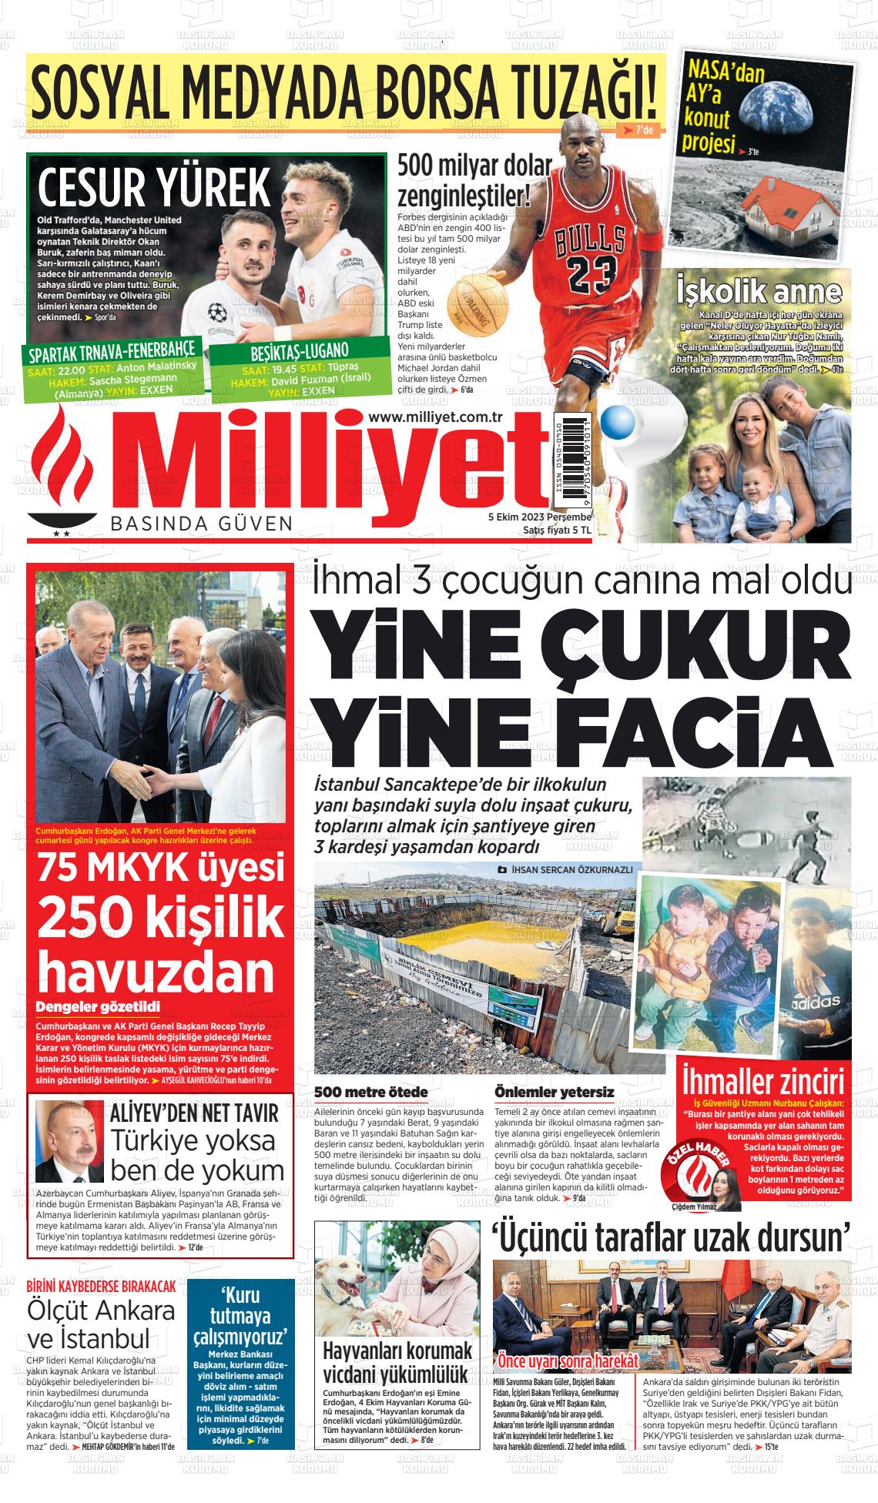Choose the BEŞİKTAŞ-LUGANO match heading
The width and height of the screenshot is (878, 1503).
[300, 352]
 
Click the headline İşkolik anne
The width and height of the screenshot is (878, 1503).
[758, 292]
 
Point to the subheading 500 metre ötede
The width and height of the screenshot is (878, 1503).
[371, 1093]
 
